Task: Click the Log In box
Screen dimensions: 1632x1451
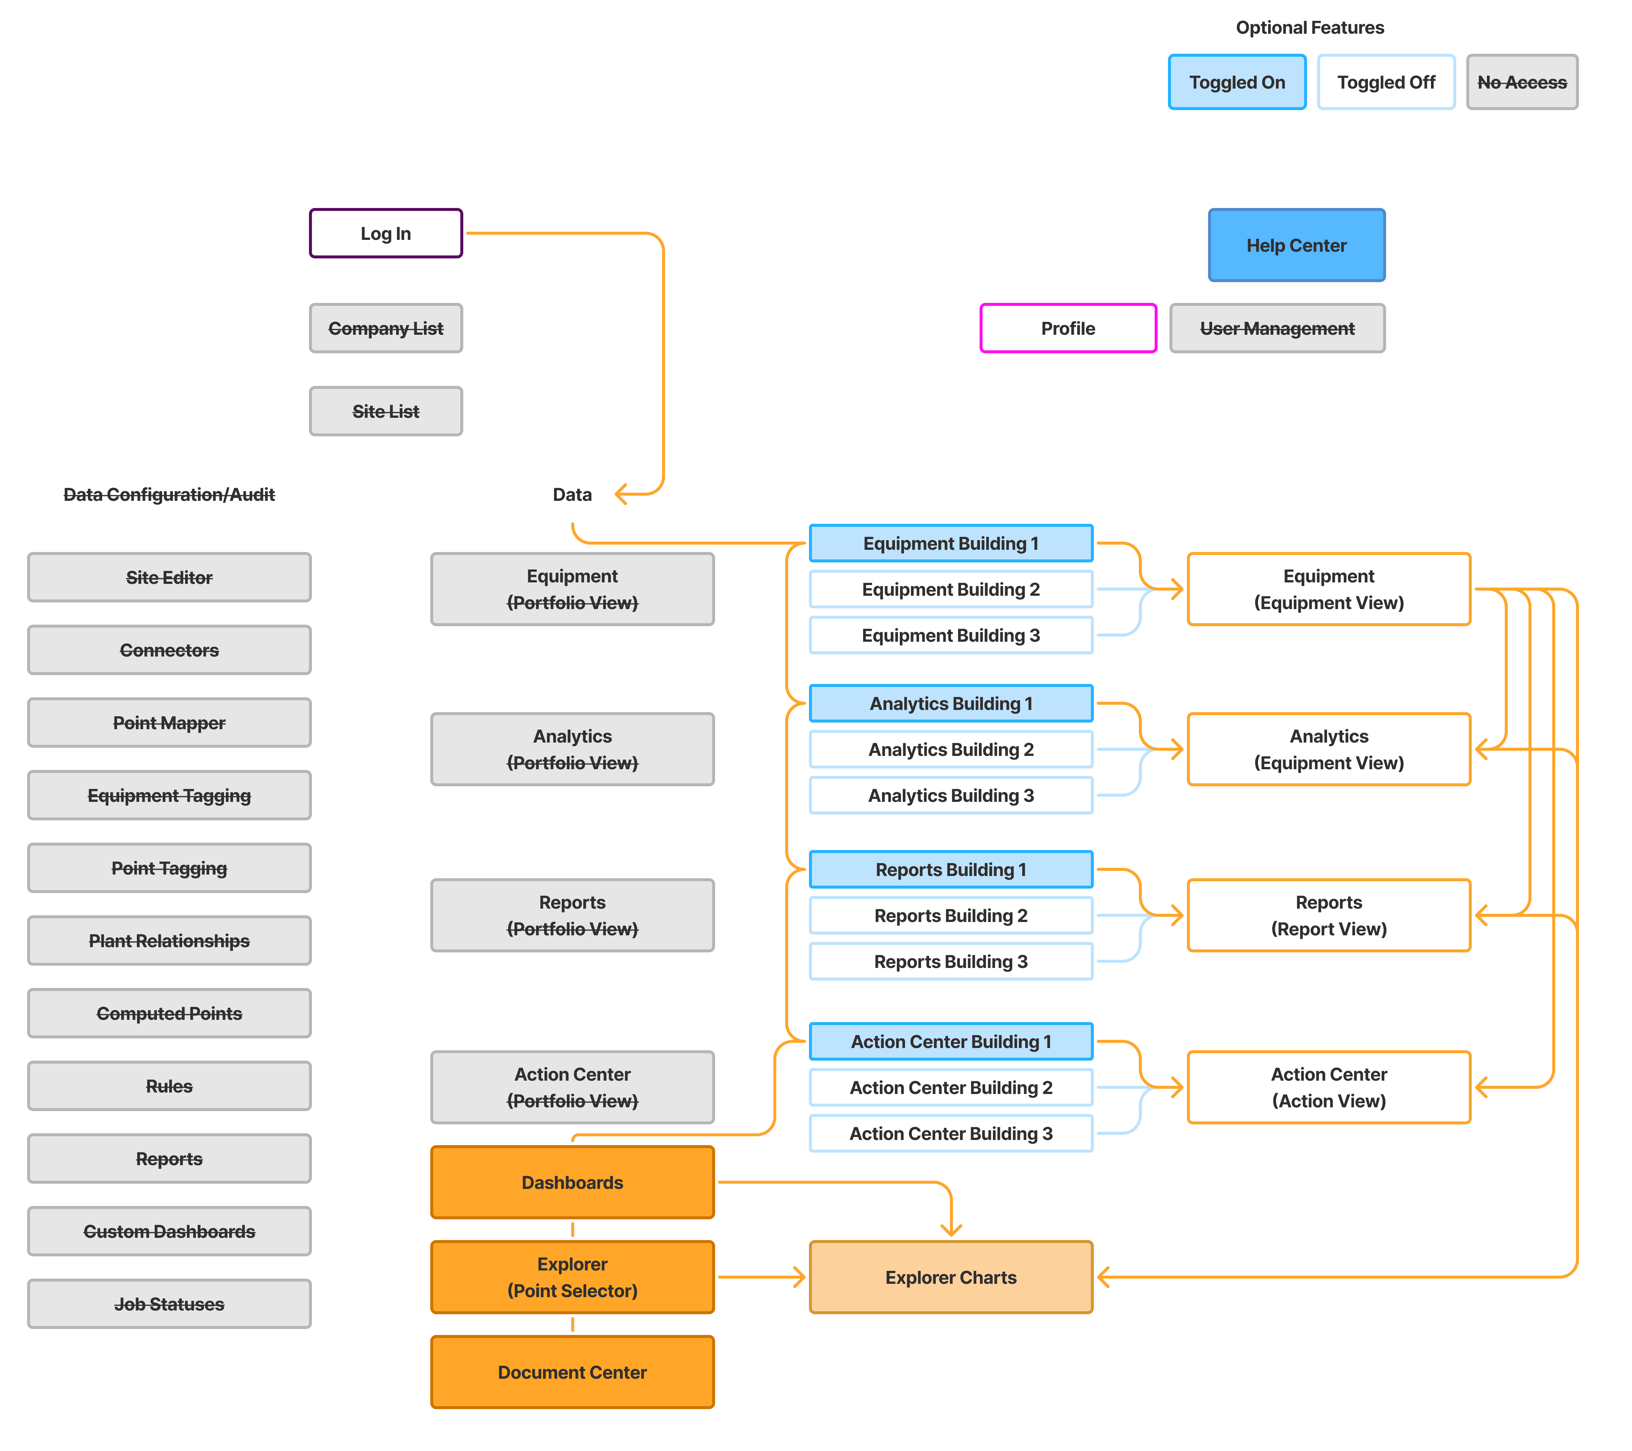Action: (x=386, y=233)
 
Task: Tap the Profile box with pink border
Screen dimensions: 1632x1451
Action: (x=1068, y=328)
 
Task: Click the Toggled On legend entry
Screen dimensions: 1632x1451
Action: (x=1237, y=82)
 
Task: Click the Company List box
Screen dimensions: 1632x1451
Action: (x=386, y=328)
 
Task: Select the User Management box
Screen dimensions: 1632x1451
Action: (x=1277, y=328)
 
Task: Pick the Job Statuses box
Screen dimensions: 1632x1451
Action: (x=169, y=1304)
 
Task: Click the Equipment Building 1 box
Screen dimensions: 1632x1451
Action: (x=951, y=543)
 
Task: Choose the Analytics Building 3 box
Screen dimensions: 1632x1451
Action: (x=951, y=796)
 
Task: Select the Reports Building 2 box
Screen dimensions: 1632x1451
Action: (x=951, y=915)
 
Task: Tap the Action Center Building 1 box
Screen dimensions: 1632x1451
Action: (x=951, y=1042)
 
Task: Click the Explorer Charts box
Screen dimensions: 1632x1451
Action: (x=951, y=1277)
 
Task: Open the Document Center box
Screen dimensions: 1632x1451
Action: (x=572, y=1372)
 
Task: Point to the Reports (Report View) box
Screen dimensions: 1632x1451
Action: (x=1329, y=915)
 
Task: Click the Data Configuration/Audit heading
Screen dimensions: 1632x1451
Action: (x=169, y=495)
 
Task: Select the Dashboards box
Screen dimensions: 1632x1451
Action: (x=572, y=1182)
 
